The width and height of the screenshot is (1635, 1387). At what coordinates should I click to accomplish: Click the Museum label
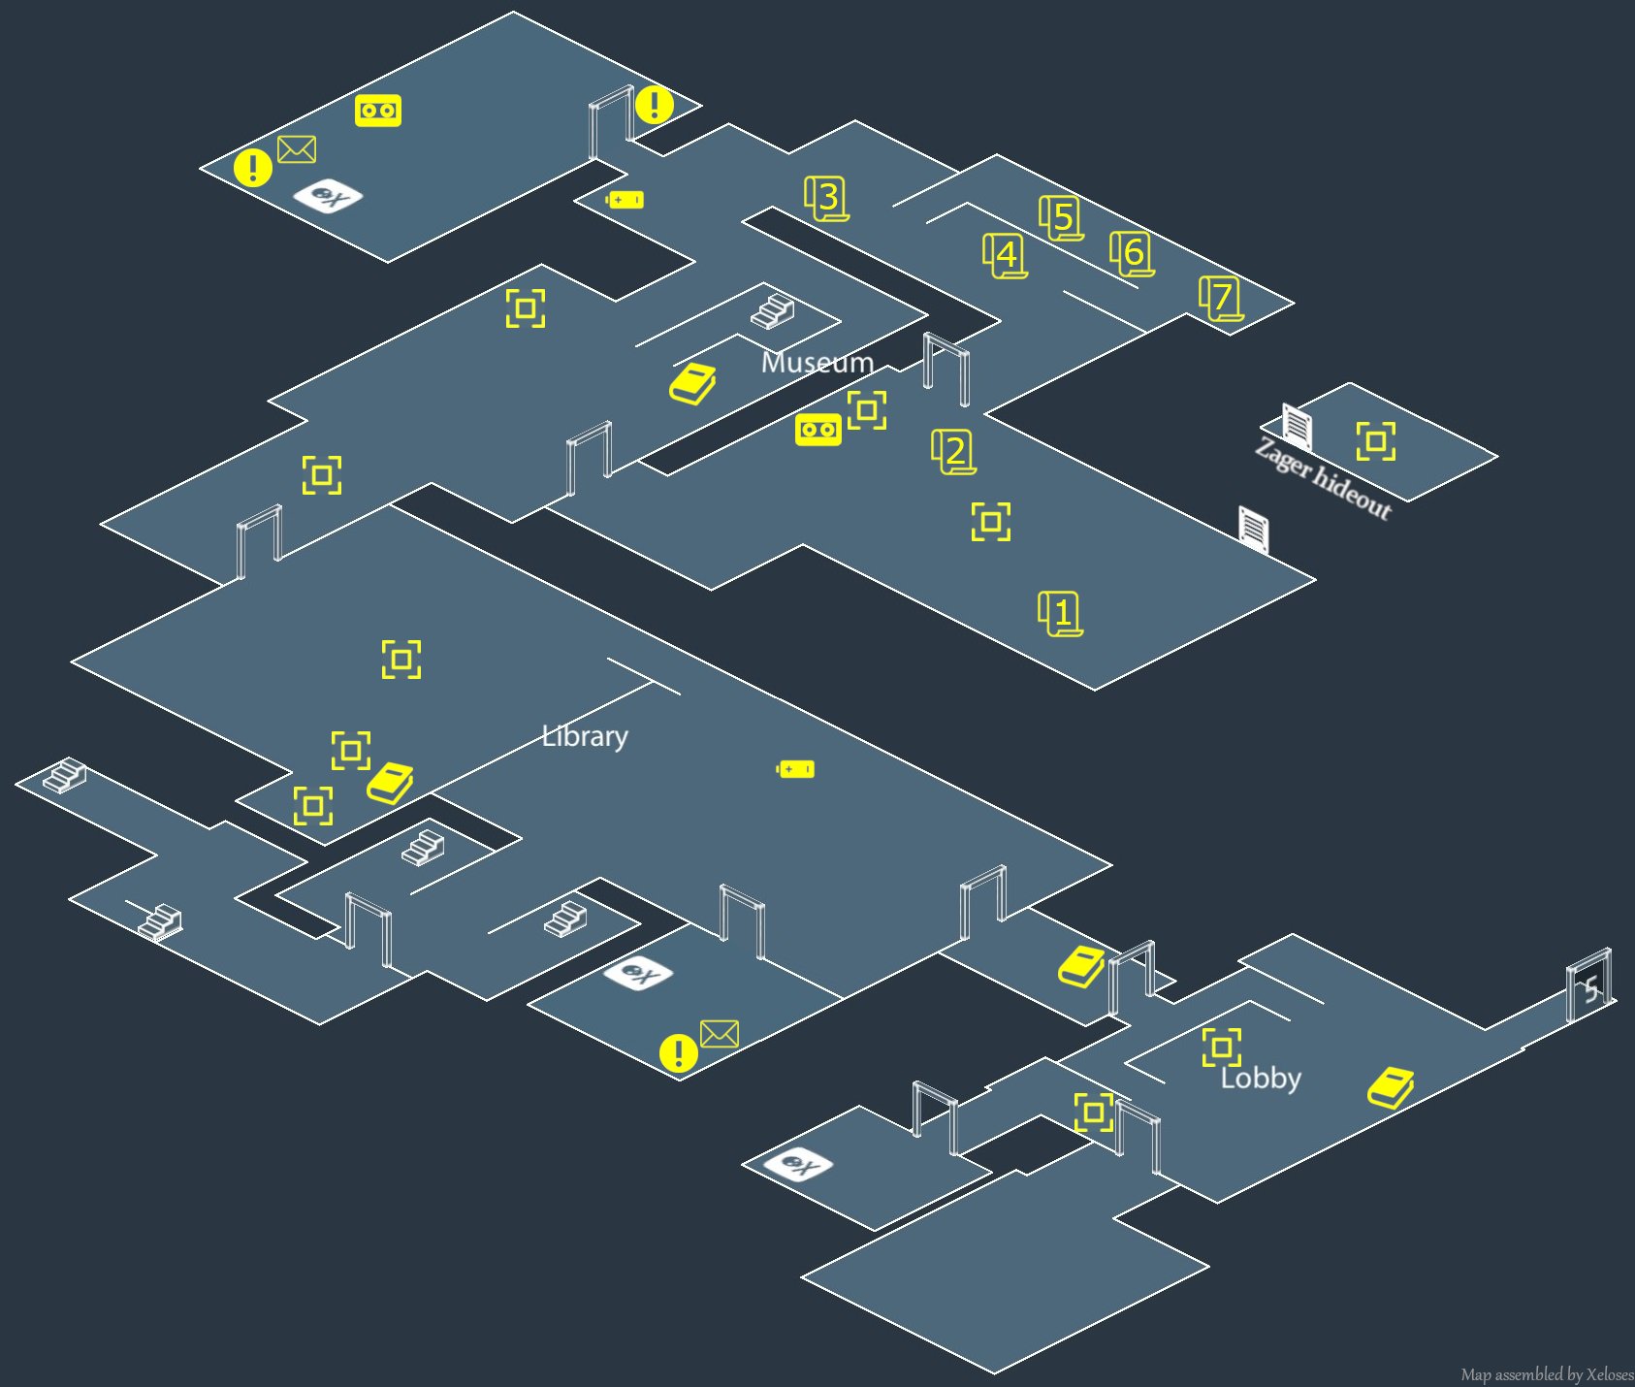817,363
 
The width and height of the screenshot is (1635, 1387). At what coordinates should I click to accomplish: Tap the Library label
585,736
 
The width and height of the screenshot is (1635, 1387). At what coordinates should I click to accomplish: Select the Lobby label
1261,1078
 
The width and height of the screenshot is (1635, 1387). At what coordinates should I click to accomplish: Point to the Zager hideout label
1323,478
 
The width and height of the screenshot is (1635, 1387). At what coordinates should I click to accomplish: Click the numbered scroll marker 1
1061,613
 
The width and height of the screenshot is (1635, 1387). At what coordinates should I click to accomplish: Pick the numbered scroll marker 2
954,452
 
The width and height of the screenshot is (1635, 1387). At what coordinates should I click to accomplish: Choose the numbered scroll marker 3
826,198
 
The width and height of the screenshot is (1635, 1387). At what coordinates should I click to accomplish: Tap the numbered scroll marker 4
1006,256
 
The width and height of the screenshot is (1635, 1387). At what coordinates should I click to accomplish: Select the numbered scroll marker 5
1062,217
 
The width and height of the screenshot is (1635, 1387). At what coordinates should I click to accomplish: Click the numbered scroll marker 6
1133,254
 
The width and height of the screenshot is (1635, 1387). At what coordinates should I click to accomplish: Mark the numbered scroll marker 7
1222,298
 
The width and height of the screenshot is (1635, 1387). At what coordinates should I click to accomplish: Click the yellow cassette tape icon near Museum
818,430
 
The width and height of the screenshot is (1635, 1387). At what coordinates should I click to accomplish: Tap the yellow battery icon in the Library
795,769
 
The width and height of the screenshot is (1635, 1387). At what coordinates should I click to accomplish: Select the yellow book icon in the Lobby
1391,1088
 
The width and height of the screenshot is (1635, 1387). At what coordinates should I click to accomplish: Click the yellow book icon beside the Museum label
692,385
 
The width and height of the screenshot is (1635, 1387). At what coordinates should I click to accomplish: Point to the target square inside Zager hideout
1375,441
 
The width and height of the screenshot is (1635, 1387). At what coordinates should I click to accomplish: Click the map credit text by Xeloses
1547,1374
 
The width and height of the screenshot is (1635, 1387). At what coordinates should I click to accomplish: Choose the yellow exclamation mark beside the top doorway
655,105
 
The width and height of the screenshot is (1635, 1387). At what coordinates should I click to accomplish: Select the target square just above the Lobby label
1221,1048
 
